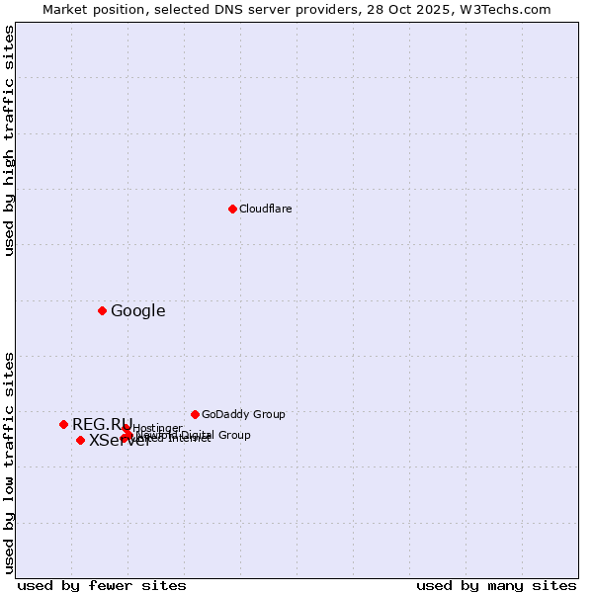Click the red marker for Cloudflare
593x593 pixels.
tap(232, 209)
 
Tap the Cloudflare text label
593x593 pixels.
tap(265, 209)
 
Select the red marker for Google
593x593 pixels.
tap(102, 311)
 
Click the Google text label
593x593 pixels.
tap(137, 311)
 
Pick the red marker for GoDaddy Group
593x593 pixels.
tap(195, 414)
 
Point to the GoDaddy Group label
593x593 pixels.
tap(243, 414)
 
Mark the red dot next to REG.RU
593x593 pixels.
tap(63, 424)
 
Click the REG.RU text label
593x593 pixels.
tap(101, 424)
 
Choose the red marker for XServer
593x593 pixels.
tap(80, 440)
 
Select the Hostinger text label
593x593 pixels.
tap(158, 428)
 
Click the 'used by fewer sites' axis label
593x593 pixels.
tap(102, 585)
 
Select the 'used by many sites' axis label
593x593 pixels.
tap(496, 585)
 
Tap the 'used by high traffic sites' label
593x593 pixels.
tap(10, 141)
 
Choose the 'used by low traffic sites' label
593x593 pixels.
tap(10, 462)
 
